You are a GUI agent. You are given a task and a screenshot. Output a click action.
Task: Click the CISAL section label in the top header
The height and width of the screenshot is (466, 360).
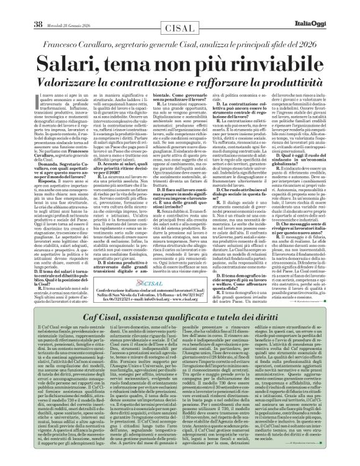tap(181, 8)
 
